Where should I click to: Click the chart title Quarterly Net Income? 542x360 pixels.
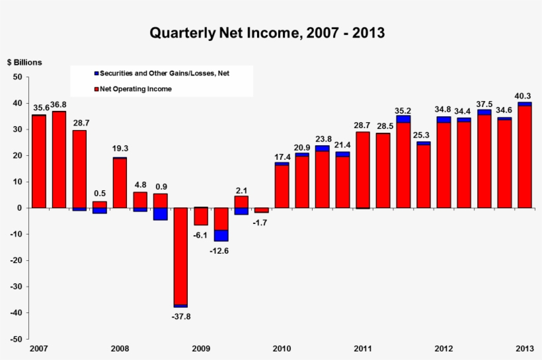click(267, 32)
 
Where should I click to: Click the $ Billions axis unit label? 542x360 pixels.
click(24, 62)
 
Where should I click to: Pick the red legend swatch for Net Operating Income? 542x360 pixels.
click(97, 89)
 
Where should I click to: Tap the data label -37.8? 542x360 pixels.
click(180, 316)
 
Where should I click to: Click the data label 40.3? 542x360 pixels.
click(525, 95)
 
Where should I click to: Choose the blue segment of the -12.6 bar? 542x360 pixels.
click(221, 235)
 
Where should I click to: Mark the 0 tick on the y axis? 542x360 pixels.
click(20, 208)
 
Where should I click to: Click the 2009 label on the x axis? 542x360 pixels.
click(201, 348)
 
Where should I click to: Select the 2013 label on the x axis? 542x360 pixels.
click(525, 348)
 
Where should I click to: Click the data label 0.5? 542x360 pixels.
click(99, 194)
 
